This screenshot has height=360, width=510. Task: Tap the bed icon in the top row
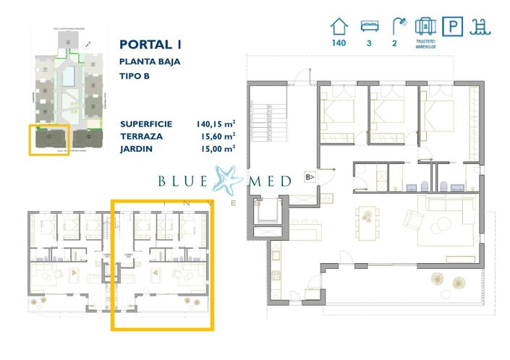click(369, 27)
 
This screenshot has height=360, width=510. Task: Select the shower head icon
click(397, 26)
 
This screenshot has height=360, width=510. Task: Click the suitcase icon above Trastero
click(425, 26)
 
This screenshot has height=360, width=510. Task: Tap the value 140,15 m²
click(215, 124)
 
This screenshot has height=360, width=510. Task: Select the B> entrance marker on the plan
click(309, 176)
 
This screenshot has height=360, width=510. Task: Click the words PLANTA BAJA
click(150, 61)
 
